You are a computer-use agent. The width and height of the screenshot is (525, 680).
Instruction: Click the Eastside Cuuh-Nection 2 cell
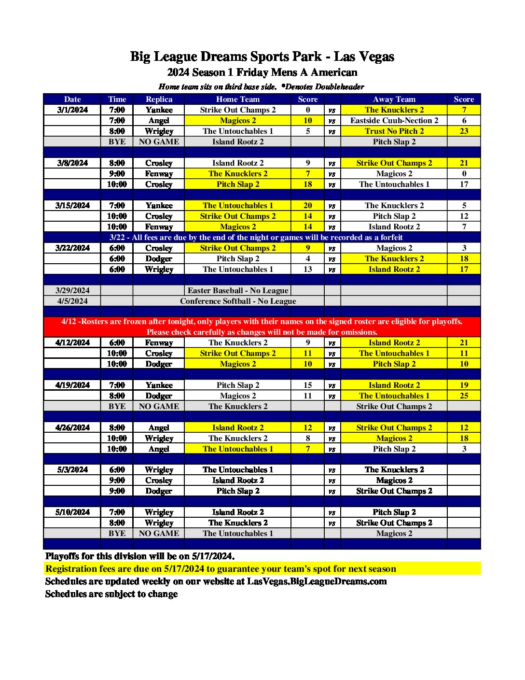394,121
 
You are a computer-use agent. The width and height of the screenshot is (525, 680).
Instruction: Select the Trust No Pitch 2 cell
394,131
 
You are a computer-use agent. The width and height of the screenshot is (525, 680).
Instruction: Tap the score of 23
464,131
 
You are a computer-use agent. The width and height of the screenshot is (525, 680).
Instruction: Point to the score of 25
464,396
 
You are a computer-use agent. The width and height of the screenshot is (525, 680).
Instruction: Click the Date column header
72,99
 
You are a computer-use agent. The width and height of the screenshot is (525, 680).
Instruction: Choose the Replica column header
159,99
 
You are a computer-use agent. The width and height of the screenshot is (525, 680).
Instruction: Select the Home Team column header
237,99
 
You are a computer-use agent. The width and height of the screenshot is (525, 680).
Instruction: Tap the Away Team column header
394,99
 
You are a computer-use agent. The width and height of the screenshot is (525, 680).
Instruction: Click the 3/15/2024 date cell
72,206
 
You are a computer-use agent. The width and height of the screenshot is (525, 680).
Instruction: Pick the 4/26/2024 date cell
72,428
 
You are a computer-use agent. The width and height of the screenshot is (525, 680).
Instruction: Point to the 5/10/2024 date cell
72,512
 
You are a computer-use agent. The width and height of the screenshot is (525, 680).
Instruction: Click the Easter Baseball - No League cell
237,291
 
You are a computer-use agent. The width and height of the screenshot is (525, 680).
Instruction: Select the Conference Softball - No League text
238,301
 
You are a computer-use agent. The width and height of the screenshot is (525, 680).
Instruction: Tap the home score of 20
307,206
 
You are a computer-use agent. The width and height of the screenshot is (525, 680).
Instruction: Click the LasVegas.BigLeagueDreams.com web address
317,581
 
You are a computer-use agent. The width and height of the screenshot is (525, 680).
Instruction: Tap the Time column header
117,99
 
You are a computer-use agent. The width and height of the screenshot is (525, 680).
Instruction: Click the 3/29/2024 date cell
72,291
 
